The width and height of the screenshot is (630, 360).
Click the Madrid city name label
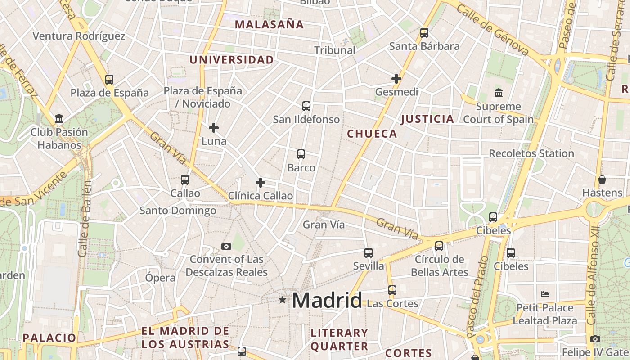tap(327, 300)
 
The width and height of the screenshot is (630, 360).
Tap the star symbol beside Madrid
tap(282, 300)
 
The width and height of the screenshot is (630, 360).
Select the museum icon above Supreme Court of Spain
tap(499, 93)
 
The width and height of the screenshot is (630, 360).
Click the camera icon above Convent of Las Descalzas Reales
tap(226, 246)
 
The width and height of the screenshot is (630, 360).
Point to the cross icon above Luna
tap(214, 128)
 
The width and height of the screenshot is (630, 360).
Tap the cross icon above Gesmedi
tap(396, 79)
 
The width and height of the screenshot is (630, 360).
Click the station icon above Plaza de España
tap(109, 80)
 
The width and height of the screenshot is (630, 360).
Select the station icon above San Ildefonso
tap(306, 106)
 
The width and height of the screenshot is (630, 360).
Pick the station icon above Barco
tap(301, 154)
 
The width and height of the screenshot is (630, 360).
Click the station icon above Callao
tap(185, 180)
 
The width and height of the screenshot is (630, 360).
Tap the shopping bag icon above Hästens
tap(602, 180)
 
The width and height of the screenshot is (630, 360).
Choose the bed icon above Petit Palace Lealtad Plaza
tap(545, 295)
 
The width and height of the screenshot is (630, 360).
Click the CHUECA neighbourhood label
tap(372, 134)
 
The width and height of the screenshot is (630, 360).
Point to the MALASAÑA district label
tap(270, 25)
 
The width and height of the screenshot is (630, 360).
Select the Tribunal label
tap(335, 50)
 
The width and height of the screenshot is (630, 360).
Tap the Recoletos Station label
tap(531, 153)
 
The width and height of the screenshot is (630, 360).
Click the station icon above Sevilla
tap(369, 252)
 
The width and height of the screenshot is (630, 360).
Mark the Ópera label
tap(160, 278)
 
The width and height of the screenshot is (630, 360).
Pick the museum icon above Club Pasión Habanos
tap(59, 119)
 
